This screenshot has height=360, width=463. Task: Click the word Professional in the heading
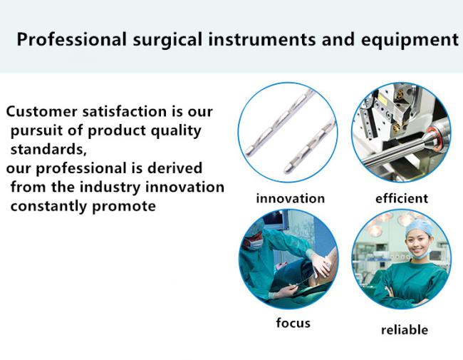click(x=72, y=39)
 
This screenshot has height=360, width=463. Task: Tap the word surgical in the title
click(x=167, y=40)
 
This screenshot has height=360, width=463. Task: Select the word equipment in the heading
click(x=410, y=41)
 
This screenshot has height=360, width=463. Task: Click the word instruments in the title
click(x=262, y=40)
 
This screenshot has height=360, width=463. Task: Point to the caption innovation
click(x=290, y=198)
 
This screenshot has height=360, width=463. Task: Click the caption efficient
click(x=402, y=198)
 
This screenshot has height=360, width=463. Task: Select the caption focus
click(x=293, y=322)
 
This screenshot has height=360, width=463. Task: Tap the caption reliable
click(x=405, y=329)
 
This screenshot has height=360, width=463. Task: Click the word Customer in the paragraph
click(x=41, y=111)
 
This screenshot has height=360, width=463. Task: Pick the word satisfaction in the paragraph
click(x=125, y=111)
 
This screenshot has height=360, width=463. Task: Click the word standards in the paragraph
click(x=48, y=149)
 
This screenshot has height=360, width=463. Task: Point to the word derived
click(x=175, y=168)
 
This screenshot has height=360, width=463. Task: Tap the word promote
click(x=124, y=206)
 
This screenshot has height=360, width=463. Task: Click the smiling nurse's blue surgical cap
click(x=419, y=227)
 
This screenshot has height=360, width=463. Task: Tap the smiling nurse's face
click(x=417, y=245)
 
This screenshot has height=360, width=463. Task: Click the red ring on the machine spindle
click(x=434, y=136)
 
